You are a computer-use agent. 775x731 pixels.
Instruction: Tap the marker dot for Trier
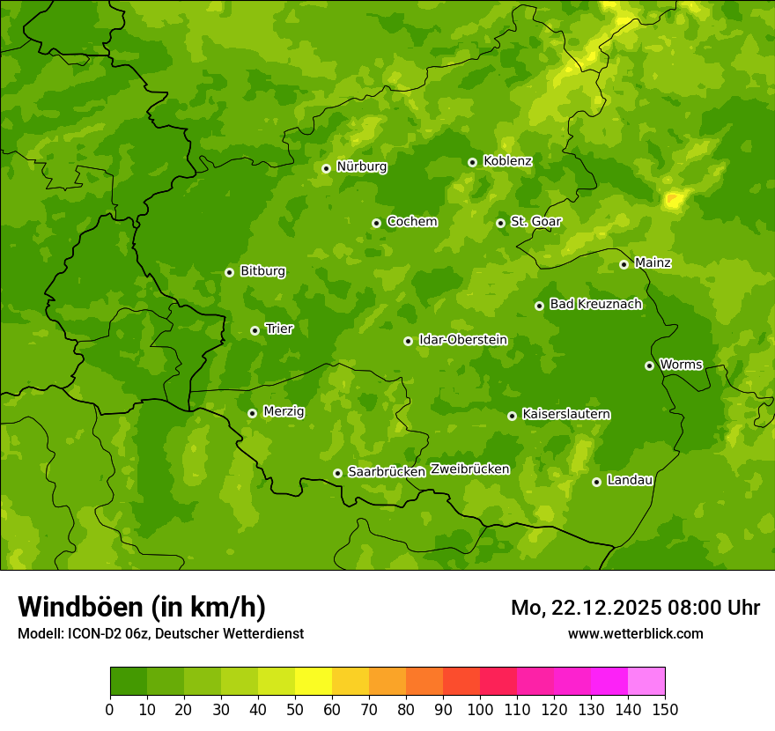[255, 330]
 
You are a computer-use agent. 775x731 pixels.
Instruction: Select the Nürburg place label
[361, 166]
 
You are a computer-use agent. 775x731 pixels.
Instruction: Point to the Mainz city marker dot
[624, 264]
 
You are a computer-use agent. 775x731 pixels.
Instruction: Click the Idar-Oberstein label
[462, 340]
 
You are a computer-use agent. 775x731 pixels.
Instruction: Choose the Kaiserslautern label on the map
[565, 414]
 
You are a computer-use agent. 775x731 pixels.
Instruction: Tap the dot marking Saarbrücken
[337, 473]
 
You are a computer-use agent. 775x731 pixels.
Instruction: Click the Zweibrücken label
[469, 469]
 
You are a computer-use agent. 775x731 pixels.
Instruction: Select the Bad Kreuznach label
[595, 304]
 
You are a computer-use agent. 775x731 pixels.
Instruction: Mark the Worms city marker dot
[649, 365]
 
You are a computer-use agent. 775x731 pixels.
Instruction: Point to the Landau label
[630, 480]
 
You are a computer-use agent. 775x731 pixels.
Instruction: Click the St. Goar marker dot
[500, 223]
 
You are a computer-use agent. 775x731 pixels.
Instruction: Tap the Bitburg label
[262, 271]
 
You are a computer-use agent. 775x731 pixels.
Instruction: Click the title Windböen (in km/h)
[141, 607]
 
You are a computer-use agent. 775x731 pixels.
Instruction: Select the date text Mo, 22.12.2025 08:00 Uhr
[635, 608]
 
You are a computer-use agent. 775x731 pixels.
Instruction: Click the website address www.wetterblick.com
[635, 633]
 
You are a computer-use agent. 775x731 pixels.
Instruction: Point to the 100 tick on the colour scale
[480, 708]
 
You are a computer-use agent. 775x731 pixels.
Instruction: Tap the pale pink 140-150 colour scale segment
[646, 682]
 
